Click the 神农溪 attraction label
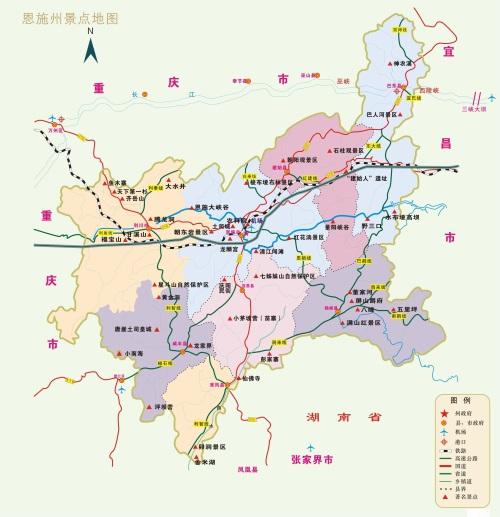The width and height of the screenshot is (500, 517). pyautogui.click(x=402, y=64)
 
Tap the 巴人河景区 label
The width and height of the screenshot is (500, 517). pyautogui.click(x=385, y=115)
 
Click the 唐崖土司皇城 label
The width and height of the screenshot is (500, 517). pyautogui.click(x=133, y=327)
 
